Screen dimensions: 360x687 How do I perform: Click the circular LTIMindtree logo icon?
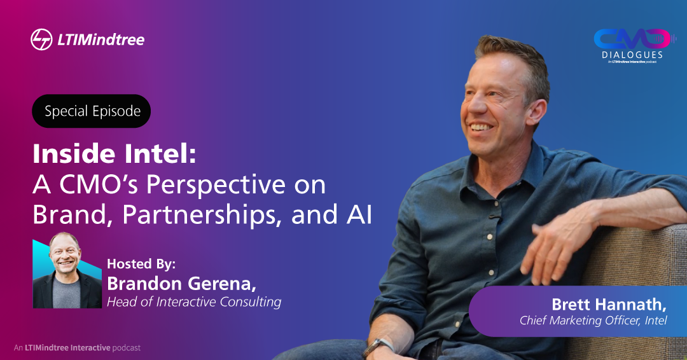(x=41, y=39)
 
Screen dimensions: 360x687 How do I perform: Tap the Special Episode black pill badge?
(x=92, y=111)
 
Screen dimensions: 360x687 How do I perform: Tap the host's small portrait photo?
(x=67, y=274)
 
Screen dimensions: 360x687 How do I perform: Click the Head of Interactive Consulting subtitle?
(x=194, y=302)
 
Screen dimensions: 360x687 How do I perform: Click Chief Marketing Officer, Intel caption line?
(x=593, y=320)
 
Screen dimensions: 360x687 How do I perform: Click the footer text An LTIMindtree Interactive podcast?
(x=77, y=348)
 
